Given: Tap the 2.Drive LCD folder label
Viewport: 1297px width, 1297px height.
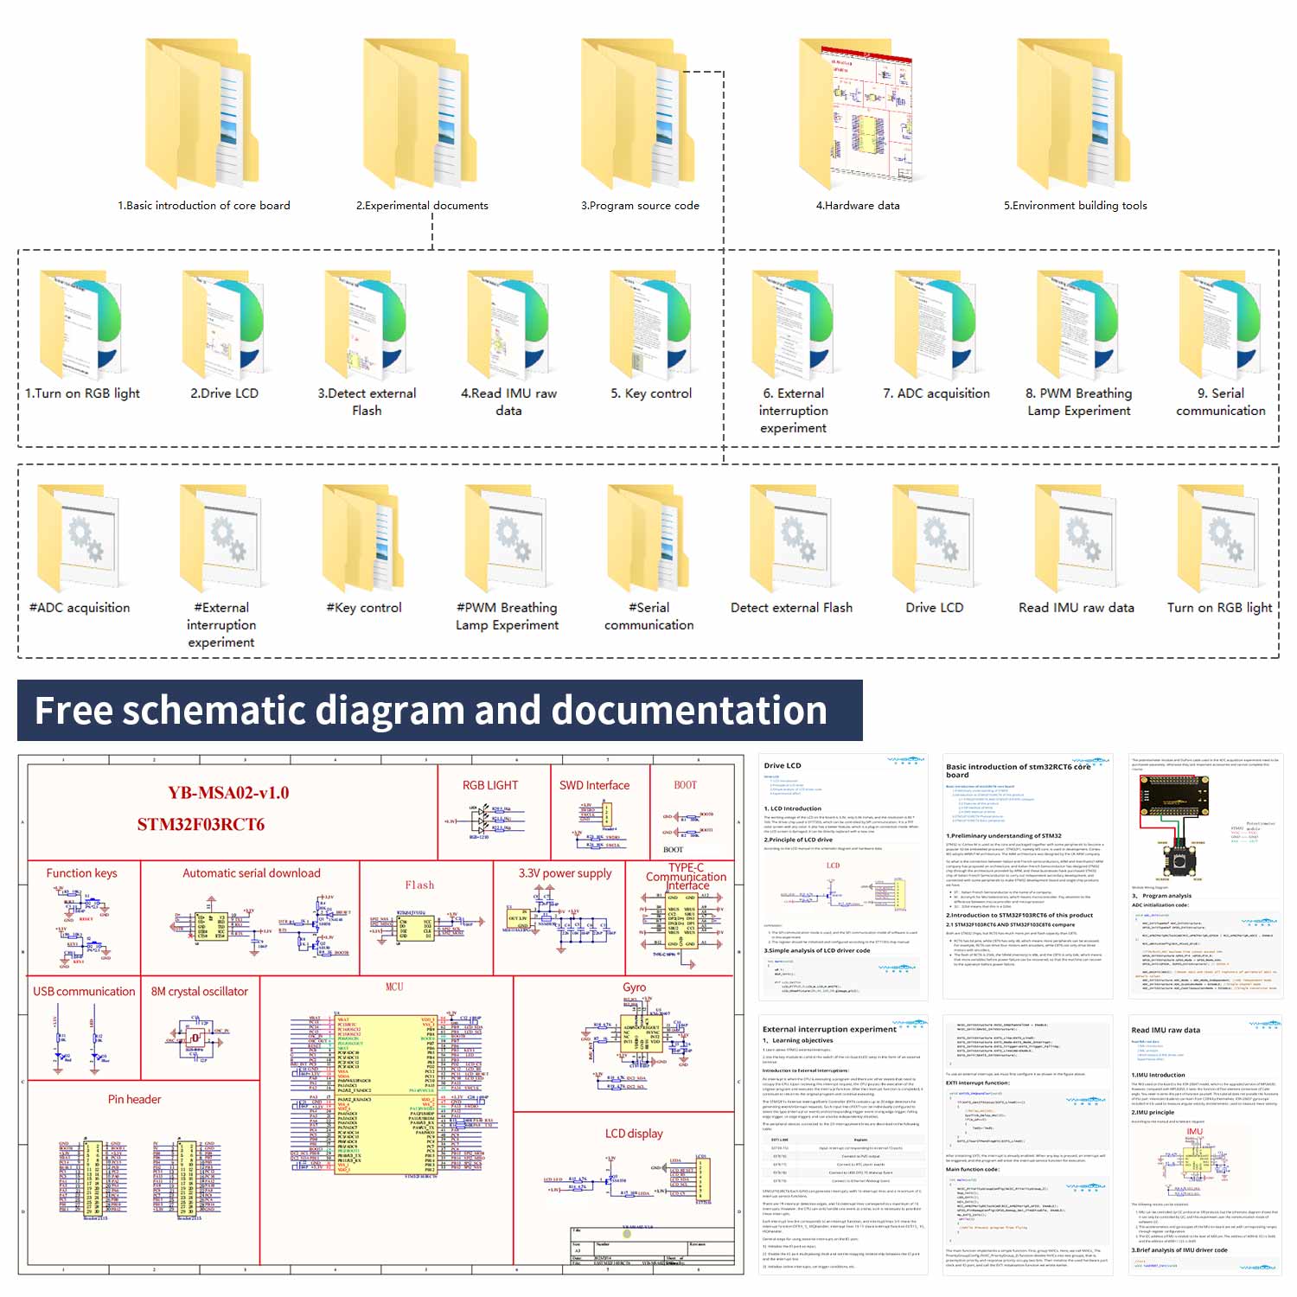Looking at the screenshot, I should (224, 393).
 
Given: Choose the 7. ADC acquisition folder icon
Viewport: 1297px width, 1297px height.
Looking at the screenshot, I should (936, 324).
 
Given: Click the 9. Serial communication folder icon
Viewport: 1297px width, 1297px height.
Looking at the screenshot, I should (1220, 324).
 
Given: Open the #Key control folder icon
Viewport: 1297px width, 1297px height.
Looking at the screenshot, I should (363, 540).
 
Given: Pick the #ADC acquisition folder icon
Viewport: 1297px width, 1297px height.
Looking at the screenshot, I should (79, 540).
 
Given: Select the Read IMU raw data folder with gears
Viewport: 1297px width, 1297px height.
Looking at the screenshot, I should (1076, 540).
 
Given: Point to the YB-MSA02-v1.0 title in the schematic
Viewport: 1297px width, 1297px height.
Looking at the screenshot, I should (228, 793).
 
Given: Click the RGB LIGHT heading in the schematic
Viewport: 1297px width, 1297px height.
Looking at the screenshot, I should (490, 785).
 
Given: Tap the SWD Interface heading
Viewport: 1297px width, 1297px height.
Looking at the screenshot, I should (594, 785).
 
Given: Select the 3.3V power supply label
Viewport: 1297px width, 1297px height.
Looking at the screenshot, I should (565, 873).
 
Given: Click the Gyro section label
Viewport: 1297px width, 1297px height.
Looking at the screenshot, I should (634, 987).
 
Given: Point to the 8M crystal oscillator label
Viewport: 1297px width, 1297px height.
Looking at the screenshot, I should (199, 992).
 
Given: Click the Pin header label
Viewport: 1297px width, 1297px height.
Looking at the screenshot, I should (134, 1100).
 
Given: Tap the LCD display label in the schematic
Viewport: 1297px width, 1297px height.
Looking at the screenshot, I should (634, 1134).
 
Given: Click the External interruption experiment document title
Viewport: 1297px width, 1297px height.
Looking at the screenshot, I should (828, 1029).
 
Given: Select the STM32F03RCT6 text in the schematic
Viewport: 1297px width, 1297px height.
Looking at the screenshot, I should (201, 825).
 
